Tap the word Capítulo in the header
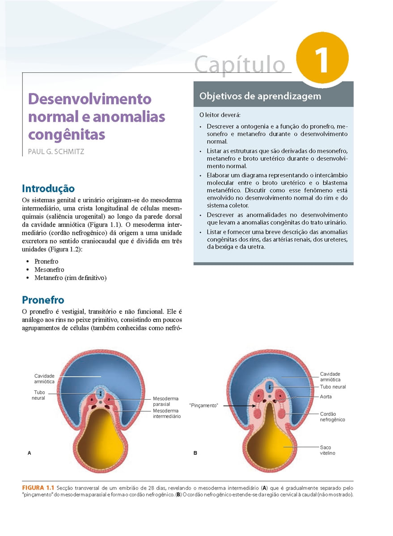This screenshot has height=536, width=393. (240, 64)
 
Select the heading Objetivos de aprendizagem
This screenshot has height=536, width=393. (260, 96)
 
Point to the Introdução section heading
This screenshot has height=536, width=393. (48, 188)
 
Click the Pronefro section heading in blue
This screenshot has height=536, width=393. (43, 300)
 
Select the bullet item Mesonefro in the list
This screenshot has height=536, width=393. (49, 270)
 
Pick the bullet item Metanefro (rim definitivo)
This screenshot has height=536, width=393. (70, 278)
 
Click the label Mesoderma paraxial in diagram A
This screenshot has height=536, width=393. (165, 401)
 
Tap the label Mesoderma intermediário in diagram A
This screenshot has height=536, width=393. (167, 413)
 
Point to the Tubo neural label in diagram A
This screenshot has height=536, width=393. (38, 395)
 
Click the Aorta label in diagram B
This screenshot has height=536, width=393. (326, 397)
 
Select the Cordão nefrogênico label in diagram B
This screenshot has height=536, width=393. (332, 417)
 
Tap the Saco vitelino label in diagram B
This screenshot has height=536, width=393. (327, 450)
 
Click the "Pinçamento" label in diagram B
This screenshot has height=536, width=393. (204, 406)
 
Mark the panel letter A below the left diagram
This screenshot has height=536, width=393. (30, 453)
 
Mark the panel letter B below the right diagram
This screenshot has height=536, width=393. (195, 453)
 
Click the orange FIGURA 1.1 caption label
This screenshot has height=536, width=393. (38, 487)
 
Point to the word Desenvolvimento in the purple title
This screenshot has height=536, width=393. (90, 98)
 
